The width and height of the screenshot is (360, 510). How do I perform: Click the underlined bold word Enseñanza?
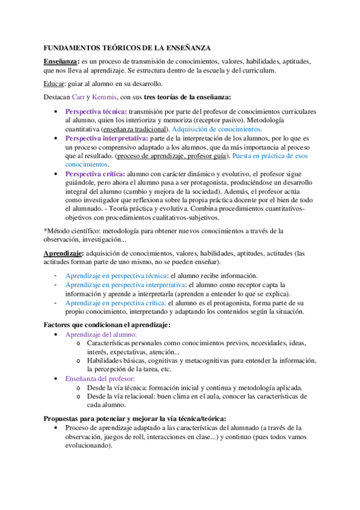(x=61, y=61)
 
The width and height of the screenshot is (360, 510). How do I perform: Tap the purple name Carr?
(x=78, y=97)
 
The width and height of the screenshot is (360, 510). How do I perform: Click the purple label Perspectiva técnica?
(x=96, y=112)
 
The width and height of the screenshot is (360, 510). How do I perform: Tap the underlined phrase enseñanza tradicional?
(x=136, y=129)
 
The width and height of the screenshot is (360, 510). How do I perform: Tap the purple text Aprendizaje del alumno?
(x=101, y=334)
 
